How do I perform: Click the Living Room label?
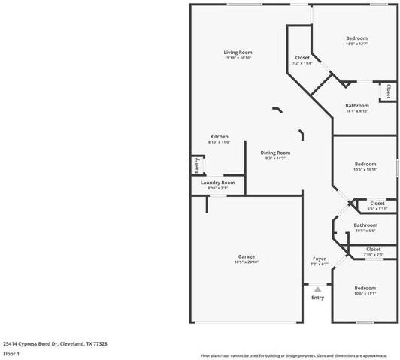pos(238,52)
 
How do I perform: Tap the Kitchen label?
pos(219,136)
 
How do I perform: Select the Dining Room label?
pos(275,153)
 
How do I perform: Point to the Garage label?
pos(247,256)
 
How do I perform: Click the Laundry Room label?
pos(217,182)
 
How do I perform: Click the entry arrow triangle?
pos(317,289)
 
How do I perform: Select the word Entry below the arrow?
pos(317,298)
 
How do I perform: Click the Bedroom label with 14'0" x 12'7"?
pos(356,38)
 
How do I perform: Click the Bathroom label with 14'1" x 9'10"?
pos(356,106)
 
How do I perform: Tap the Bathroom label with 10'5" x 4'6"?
pos(365,225)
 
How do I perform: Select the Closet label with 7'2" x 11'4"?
pos(302,58)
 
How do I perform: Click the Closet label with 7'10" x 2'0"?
pos(373,249)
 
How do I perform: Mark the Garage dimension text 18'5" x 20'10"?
pos(247,262)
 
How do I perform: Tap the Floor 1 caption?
pos(11,353)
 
